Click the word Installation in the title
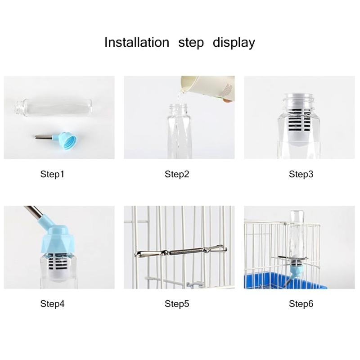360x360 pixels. pyautogui.click(x=136, y=42)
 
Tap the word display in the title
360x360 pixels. pyautogui.click(x=234, y=43)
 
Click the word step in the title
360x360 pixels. pyautogui.click(x=191, y=43)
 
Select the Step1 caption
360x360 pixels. pyautogui.click(x=53, y=174)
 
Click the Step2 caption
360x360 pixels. pyautogui.click(x=177, y=174)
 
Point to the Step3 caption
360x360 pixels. pyautogui.click(x=301, y=174)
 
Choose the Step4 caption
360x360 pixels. pyautogui.click(x=53, y=304)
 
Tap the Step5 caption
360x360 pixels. pyautogui.click(x=177, y=304)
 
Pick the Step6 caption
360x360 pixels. pyautogui.click(x=301, y=304)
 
